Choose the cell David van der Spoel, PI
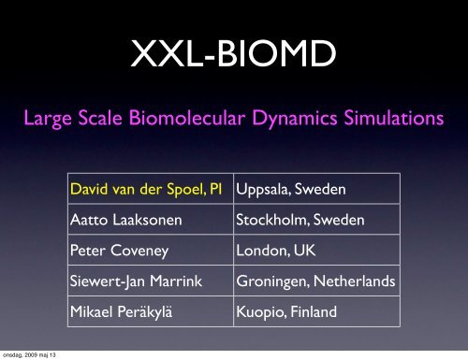point(147,191)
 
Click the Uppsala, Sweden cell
point(291,191)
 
